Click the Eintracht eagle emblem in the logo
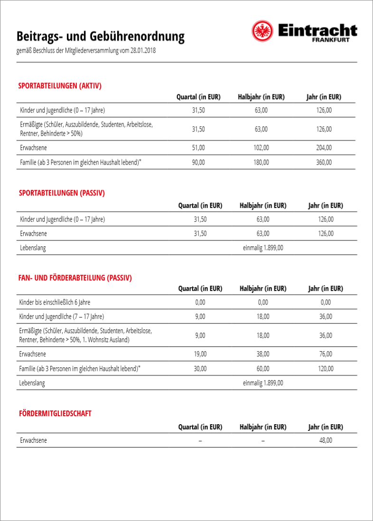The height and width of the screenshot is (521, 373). point(262,31)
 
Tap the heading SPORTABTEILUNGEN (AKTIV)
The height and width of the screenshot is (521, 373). point(60,86)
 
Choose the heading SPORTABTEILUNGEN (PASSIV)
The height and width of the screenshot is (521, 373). point(62,193)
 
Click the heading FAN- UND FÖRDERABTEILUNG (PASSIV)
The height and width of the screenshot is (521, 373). point(75,278)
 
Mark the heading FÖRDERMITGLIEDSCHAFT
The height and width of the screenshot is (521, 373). point(55,413)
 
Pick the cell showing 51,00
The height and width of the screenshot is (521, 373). point(198,148)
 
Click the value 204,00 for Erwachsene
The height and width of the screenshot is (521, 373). point(324,148)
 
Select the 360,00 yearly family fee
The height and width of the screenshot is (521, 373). point(324,162)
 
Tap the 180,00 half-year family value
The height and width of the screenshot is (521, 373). point(261,162)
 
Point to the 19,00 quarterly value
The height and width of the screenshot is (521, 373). point(200,354)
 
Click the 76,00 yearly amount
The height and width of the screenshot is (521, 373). point(326,354)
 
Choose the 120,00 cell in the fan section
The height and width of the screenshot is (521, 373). point(326,368)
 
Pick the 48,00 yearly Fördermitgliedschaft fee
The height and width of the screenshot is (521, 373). point(326,440)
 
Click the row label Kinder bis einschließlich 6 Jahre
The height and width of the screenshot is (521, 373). point(55,302)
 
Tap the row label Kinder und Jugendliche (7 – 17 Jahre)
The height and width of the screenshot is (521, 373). point(61,316)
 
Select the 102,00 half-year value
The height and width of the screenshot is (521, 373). point(261,148)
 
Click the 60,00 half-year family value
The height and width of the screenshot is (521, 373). point(263,368)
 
